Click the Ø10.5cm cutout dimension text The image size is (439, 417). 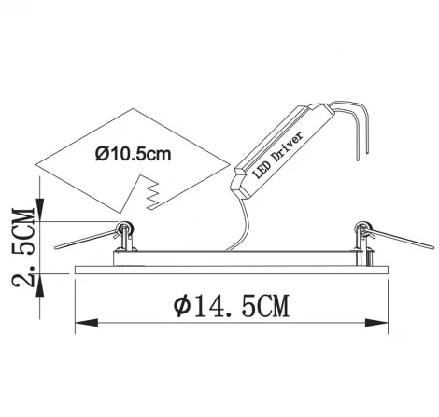pos(134,154)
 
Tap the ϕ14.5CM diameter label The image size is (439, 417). pos(232,306)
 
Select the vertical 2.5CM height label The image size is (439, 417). pos(23,247)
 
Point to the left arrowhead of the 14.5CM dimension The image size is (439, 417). pos(87,323)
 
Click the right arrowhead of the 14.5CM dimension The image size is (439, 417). pos(376,323)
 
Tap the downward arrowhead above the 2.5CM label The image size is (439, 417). pos(40,210)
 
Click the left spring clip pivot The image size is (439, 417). pos(125,228)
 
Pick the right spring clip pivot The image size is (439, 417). pos(363,228)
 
